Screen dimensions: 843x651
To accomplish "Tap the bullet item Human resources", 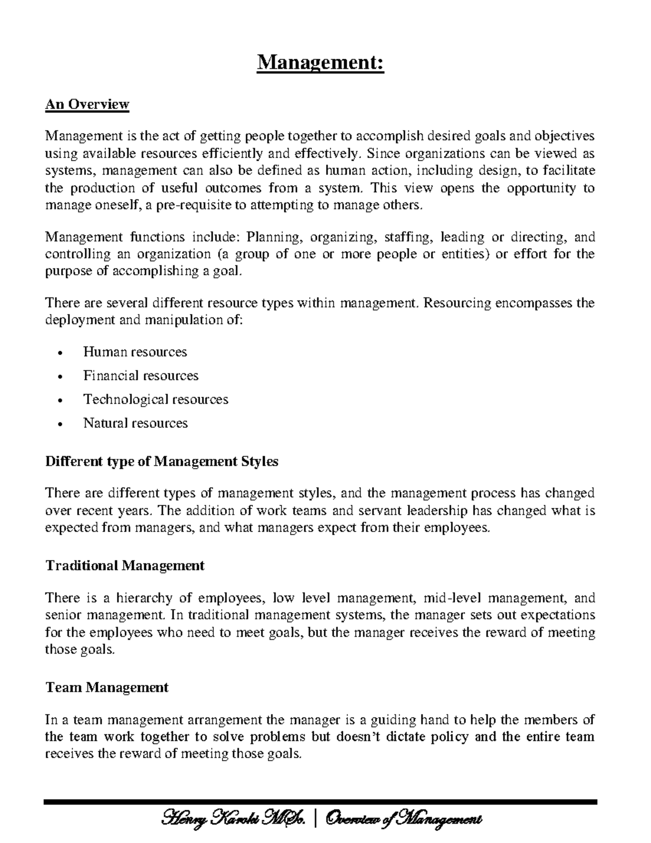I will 135,352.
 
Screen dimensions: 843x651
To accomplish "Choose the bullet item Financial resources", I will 141,376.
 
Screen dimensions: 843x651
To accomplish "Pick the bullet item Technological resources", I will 156,400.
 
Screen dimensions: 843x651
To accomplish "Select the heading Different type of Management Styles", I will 162,461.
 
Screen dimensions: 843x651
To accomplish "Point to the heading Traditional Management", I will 125,566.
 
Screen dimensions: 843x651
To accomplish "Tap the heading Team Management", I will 107,687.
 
